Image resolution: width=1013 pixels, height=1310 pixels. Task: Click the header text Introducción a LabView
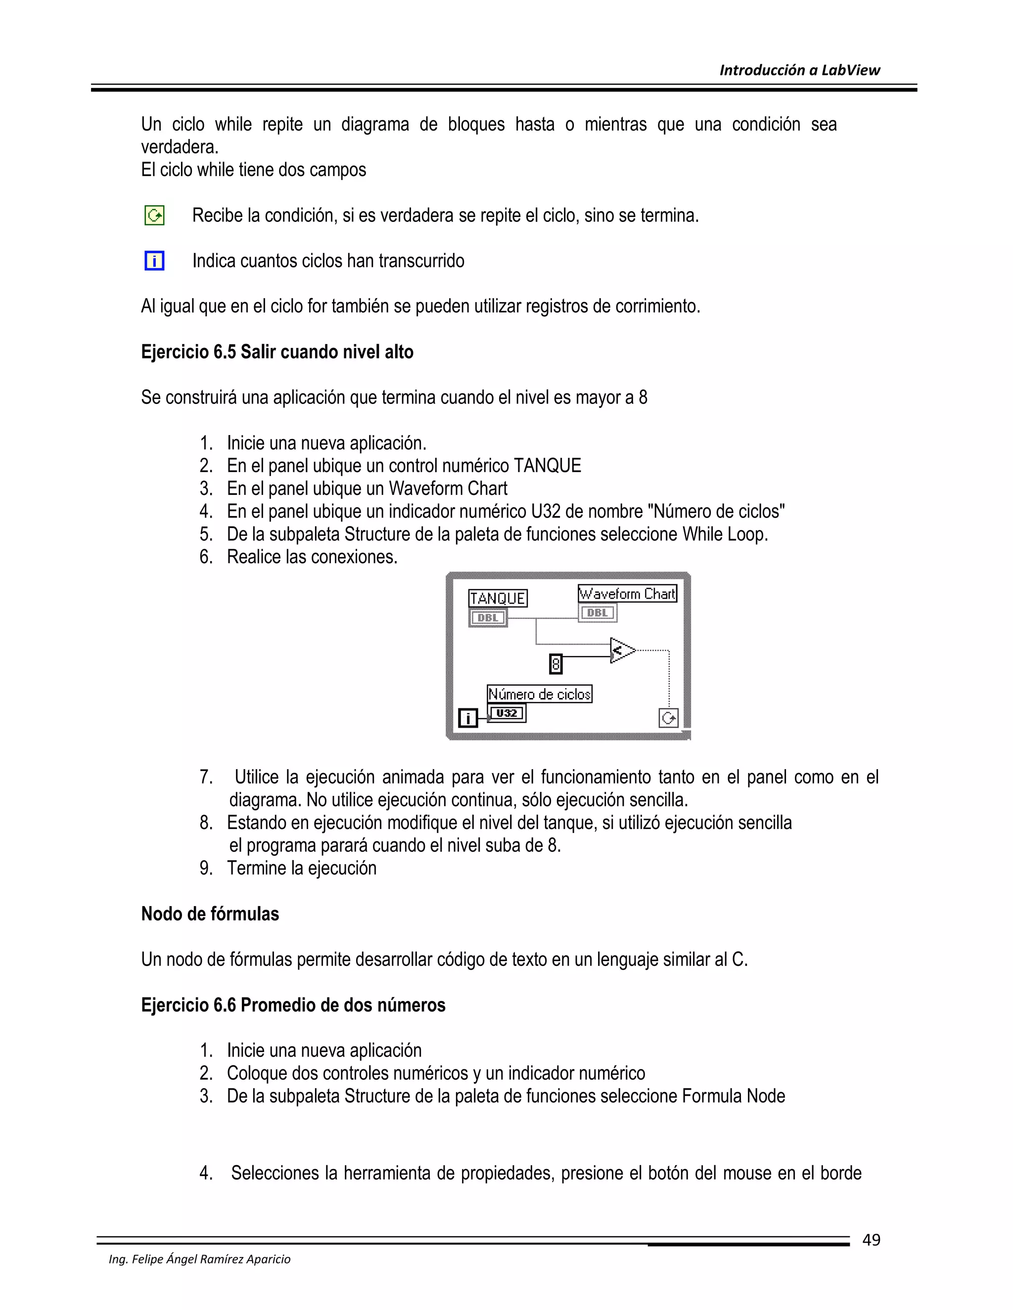coord(799,70)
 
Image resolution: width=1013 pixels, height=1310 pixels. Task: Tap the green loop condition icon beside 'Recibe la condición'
coord(154,216)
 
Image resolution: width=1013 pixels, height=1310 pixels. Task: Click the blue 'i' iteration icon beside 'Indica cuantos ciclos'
coord(154,261)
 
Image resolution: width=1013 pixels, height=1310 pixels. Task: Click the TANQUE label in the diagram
coord(498,598)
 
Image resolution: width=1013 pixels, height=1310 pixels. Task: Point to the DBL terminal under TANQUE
coord(488,618)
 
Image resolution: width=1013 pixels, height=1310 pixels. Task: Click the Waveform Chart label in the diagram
coord(627,594)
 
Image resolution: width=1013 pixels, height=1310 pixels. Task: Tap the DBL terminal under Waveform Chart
coord(597,613)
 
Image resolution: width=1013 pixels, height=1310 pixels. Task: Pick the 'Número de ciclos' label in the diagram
coord(539,694)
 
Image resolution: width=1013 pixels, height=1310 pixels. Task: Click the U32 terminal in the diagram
coord(507,713)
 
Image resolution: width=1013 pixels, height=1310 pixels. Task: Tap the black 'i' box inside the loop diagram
coord(467,718)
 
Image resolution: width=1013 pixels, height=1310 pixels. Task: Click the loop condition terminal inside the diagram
coord(669,718)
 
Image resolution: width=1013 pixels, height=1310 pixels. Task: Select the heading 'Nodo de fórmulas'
coord(210,914)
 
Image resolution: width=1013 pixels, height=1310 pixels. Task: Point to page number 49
coord(871,1240)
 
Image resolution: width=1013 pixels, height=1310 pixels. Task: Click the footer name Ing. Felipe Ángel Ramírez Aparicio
coord(199,1259)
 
